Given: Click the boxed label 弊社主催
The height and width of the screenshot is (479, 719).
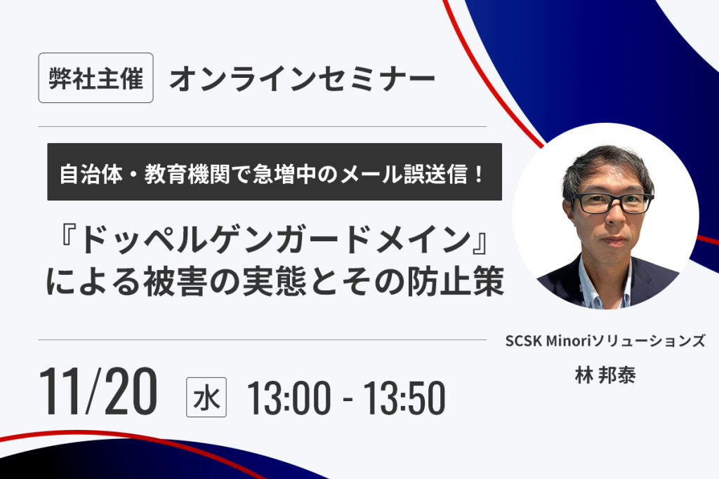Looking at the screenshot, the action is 95,78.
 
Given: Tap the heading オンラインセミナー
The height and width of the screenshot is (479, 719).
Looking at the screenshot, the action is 302,79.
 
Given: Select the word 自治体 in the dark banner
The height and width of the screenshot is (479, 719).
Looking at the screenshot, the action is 91,174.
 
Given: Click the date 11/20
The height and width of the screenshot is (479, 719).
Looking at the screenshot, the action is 98,391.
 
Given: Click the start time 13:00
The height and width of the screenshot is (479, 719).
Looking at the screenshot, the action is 289,398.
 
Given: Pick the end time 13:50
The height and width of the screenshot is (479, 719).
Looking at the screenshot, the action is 404,398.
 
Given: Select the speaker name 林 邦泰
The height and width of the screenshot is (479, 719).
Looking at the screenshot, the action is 605,375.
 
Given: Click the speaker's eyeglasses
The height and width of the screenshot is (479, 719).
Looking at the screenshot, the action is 612,203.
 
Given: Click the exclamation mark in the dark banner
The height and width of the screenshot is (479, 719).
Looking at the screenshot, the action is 479,174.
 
